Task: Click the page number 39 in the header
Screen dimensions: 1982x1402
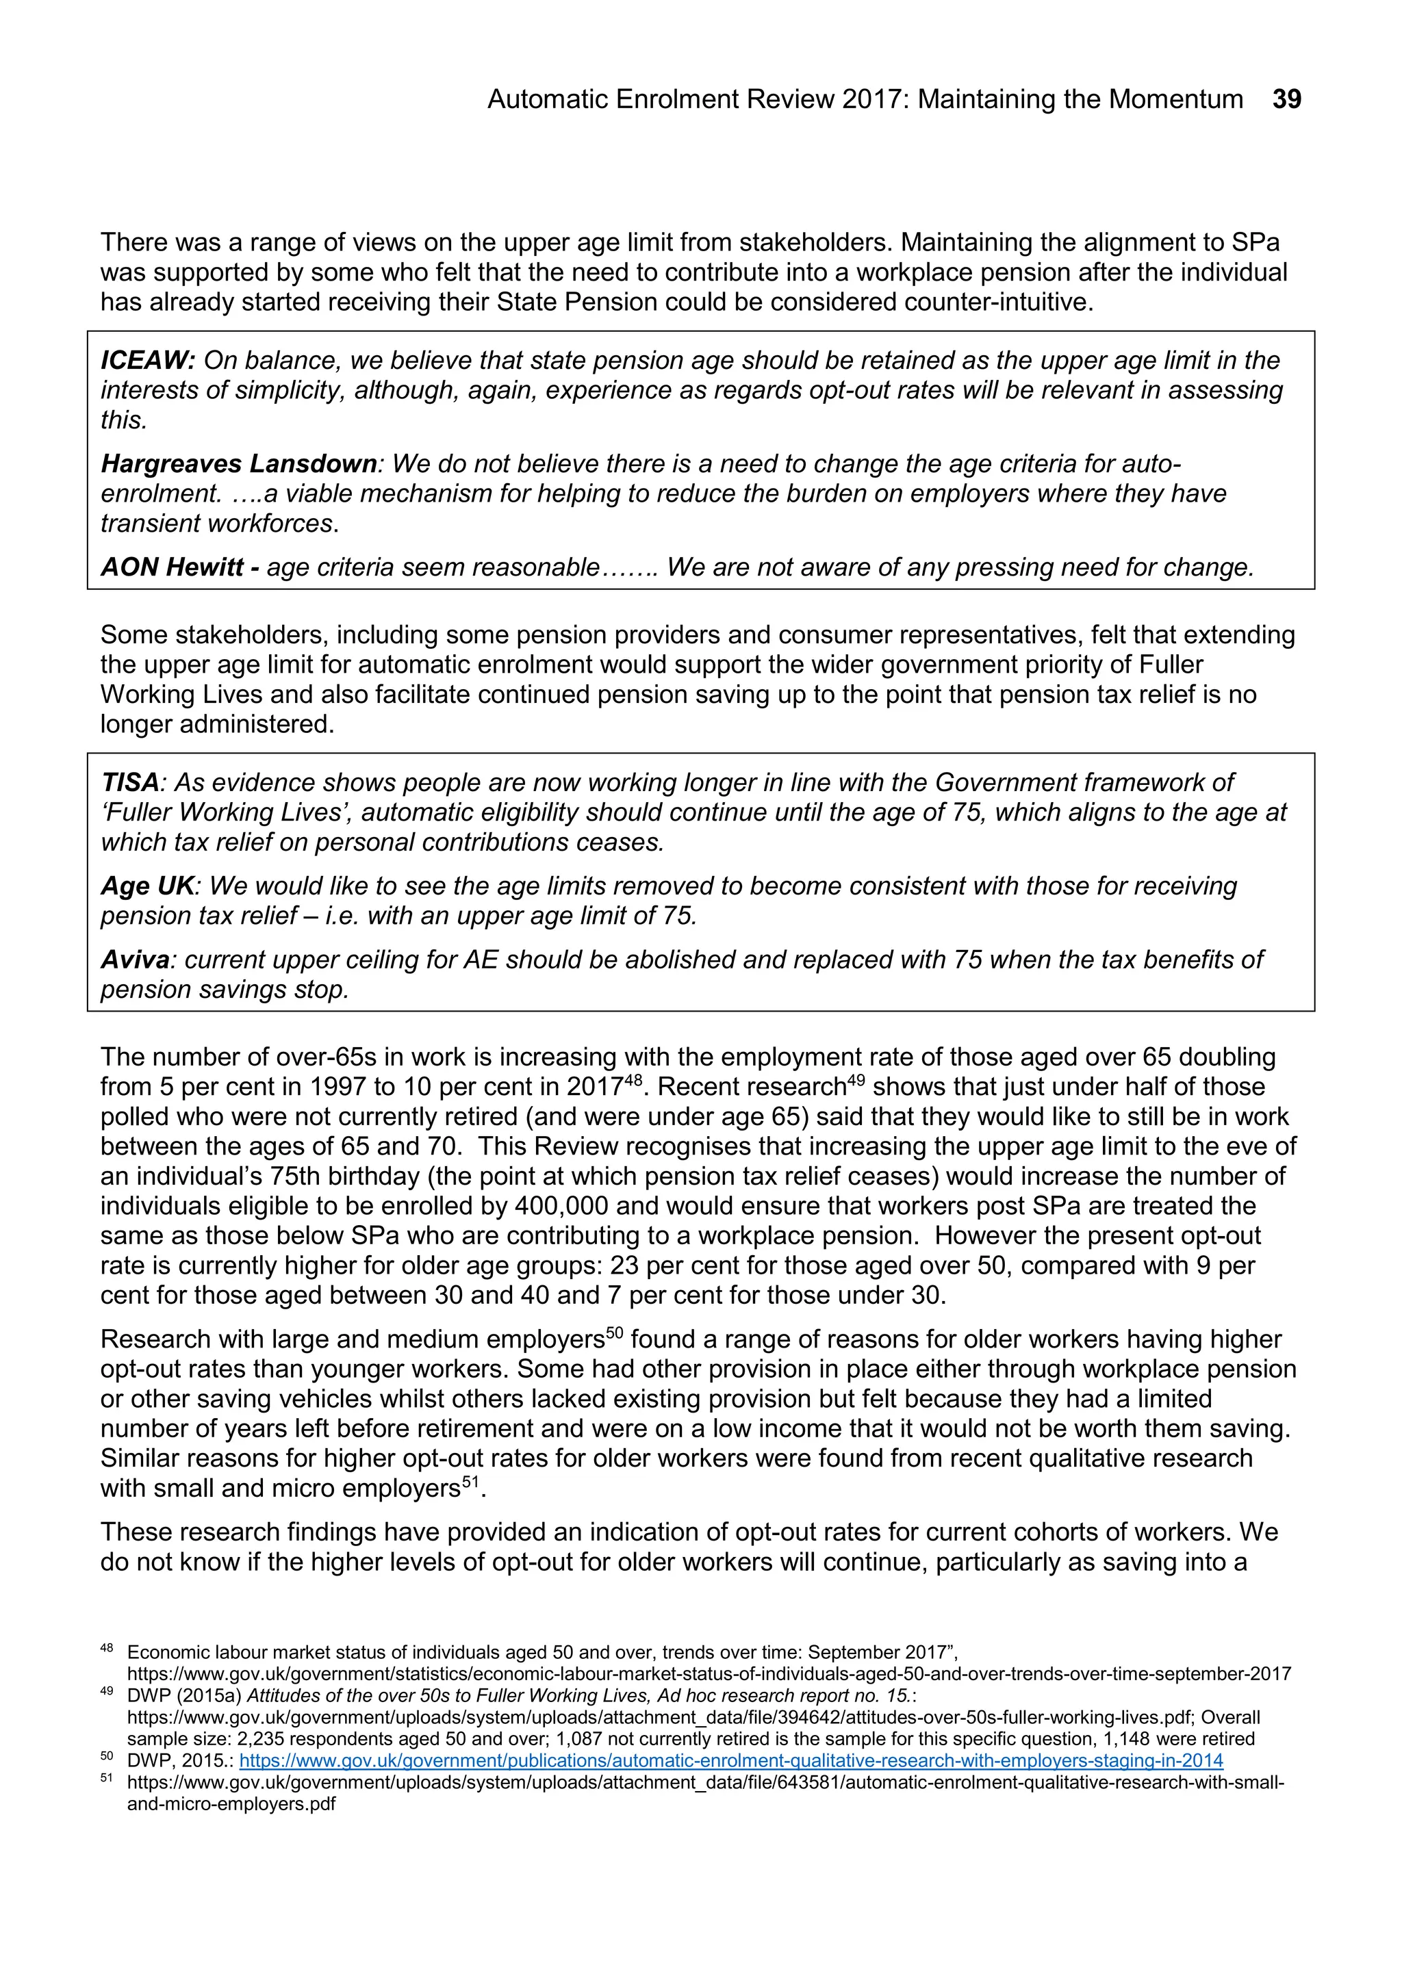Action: pos(1286,99)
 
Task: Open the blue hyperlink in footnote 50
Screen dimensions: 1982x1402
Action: pos(730,1760)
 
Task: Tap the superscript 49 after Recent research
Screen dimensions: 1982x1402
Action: pos(854,1079)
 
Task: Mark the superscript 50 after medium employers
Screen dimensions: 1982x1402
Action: pos(614,1332)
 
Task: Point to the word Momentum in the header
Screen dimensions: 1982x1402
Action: pos(1176,99)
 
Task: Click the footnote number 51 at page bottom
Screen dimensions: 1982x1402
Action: pos(107,1777)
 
